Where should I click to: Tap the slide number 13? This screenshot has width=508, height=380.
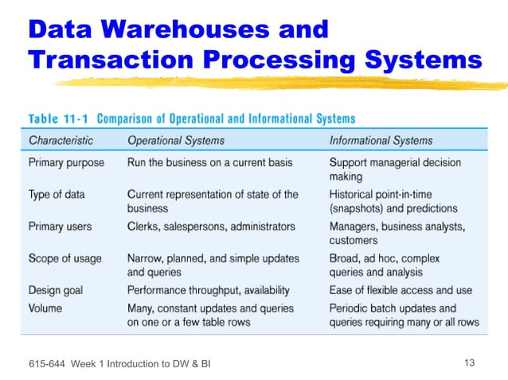[x=468, y=363]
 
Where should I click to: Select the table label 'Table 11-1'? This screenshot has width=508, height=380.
[x=61, y=119]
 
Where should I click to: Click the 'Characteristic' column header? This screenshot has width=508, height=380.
[x=61, y=141]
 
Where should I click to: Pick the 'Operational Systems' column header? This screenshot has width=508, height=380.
[x=176, y=141]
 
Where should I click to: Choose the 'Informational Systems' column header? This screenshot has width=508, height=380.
[x=381, y=141]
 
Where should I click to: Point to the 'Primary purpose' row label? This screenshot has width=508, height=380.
[x=66, y=162]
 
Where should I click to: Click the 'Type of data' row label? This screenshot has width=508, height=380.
[x=56, y=194]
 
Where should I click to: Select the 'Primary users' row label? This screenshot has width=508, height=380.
[x=60, y=227]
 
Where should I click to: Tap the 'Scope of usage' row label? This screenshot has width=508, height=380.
[x=64, y=258]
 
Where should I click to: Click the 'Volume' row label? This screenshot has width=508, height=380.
[x=45, y=307]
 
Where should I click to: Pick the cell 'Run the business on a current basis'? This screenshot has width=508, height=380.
[x=209, y=162]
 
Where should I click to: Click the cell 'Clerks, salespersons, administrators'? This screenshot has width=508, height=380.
[x=211, y=227]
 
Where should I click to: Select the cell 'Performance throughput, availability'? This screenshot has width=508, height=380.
[x=209, y=290]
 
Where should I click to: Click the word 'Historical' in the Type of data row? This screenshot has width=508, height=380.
[x=354, y=194]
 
